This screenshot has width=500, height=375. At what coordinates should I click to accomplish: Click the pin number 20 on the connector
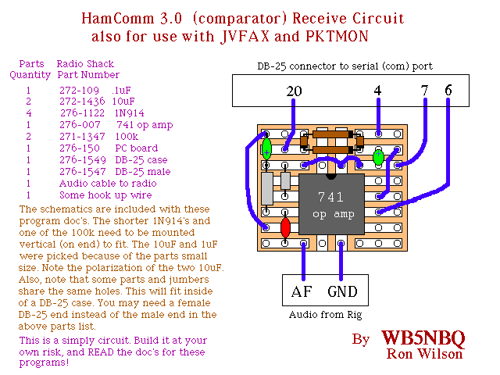[294, 91]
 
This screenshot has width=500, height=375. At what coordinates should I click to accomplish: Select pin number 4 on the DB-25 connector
[378, 91]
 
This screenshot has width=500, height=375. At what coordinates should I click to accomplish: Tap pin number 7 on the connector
[424, 91]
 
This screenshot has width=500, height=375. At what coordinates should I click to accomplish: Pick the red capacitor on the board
[286, 227]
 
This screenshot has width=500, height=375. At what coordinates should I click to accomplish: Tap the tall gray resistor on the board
[267, 188]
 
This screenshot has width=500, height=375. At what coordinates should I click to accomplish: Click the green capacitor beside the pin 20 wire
[267, 147]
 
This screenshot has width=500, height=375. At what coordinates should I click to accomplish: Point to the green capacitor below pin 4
[379, 158]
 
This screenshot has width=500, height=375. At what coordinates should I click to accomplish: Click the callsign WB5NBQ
[423, 338]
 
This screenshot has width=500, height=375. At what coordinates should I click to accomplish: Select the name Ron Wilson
[425, 355]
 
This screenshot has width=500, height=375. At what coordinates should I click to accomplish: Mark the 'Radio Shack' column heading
[84, 64]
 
